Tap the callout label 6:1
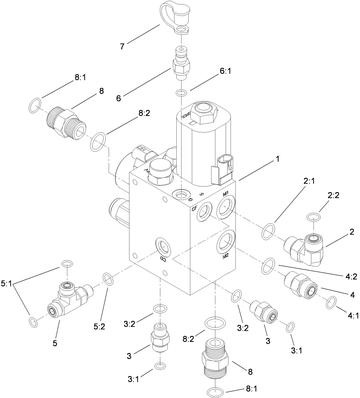225,71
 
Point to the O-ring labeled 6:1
181,93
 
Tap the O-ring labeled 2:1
269,233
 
